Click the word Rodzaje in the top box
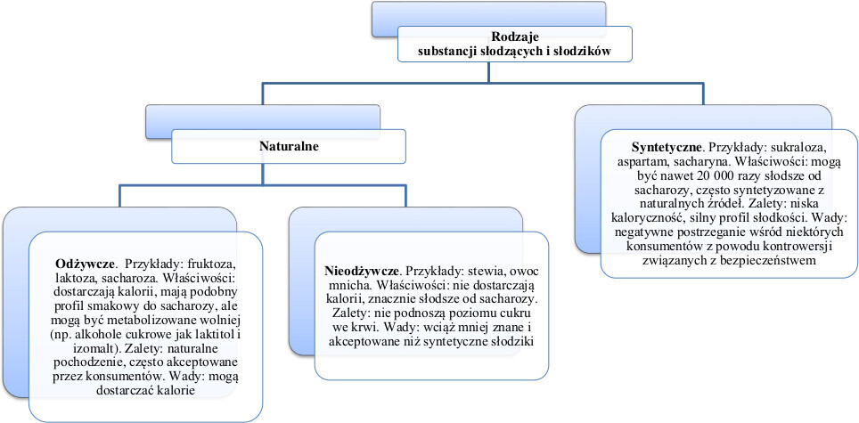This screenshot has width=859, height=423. pyautogui.click(x=514, y=37)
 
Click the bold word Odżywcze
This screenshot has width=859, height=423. pyautogui.click(x=86, y=264)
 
